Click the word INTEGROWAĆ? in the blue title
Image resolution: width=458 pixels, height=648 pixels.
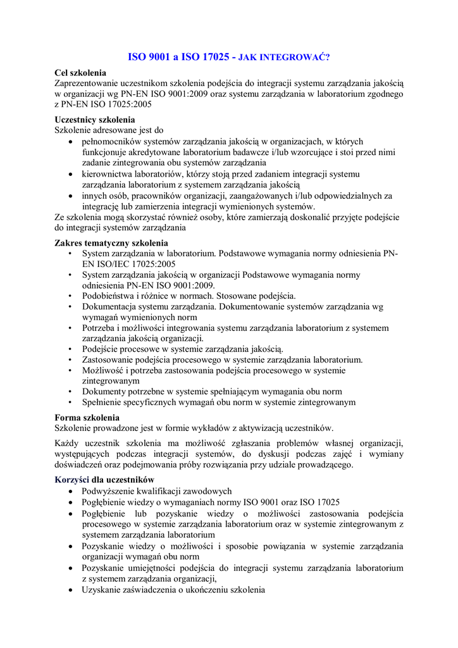(x=294, y=58)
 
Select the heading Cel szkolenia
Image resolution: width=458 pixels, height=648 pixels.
(x=80, y=73)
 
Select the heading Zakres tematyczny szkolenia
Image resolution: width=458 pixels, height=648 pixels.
(x=111, y=242)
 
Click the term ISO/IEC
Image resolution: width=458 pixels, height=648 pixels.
(x=113, y=263)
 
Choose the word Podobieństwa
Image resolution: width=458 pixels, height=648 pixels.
(x=110, y=296)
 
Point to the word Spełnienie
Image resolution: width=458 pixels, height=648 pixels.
(x=103, y=402)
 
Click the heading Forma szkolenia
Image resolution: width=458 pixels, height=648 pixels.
(x=86, y=418)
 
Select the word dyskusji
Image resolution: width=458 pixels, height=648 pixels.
(x=304, y=454)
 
